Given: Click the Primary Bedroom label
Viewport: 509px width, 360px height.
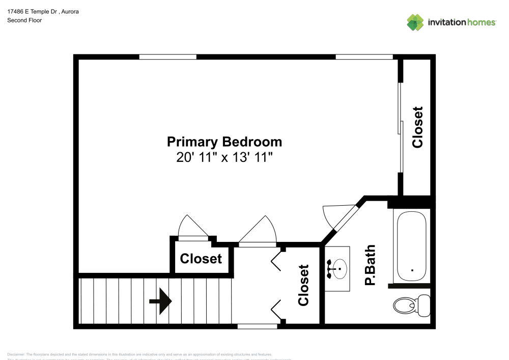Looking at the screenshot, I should (224, 142).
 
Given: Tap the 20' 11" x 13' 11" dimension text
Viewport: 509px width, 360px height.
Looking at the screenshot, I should (224, 157).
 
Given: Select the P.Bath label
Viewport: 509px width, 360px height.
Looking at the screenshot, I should (370, 265).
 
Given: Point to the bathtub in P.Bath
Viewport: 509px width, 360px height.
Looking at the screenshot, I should (411, 246).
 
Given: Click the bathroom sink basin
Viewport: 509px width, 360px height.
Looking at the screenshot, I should (338, 267).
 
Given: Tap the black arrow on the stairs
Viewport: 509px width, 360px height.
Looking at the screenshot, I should (160, 301).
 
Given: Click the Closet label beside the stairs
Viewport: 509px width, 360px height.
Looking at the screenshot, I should (201, 259).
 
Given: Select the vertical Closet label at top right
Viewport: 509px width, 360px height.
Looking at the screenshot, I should (418, 127).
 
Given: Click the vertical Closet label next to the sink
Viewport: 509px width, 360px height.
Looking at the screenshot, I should (304, 285).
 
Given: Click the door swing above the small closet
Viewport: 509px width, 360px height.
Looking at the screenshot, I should (193, 227).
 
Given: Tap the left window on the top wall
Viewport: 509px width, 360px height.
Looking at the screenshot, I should (167, 57).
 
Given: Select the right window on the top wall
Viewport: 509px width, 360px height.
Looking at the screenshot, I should (364, 57).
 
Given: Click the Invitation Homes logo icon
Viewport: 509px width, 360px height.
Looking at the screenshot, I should (415, 22).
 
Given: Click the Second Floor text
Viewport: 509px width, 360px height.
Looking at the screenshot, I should (24, 20).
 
